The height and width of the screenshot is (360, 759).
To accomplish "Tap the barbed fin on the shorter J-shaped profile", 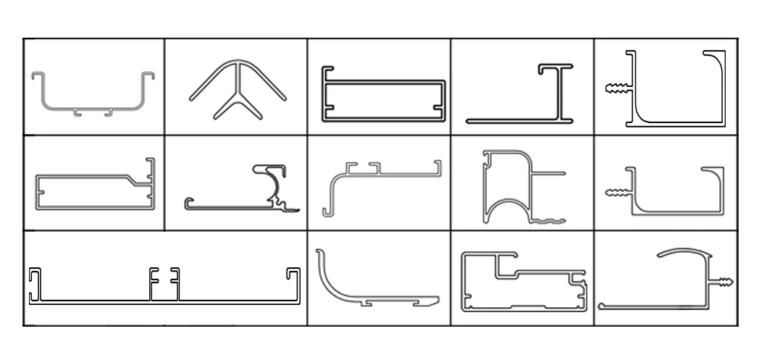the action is [x=613, y=193].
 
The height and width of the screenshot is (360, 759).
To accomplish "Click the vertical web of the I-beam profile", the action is [x=560, y=92].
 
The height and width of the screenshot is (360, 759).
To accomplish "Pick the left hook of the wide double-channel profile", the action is [x=35, y=283].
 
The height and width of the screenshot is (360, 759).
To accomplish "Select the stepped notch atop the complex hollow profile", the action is [x=507, y=266].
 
